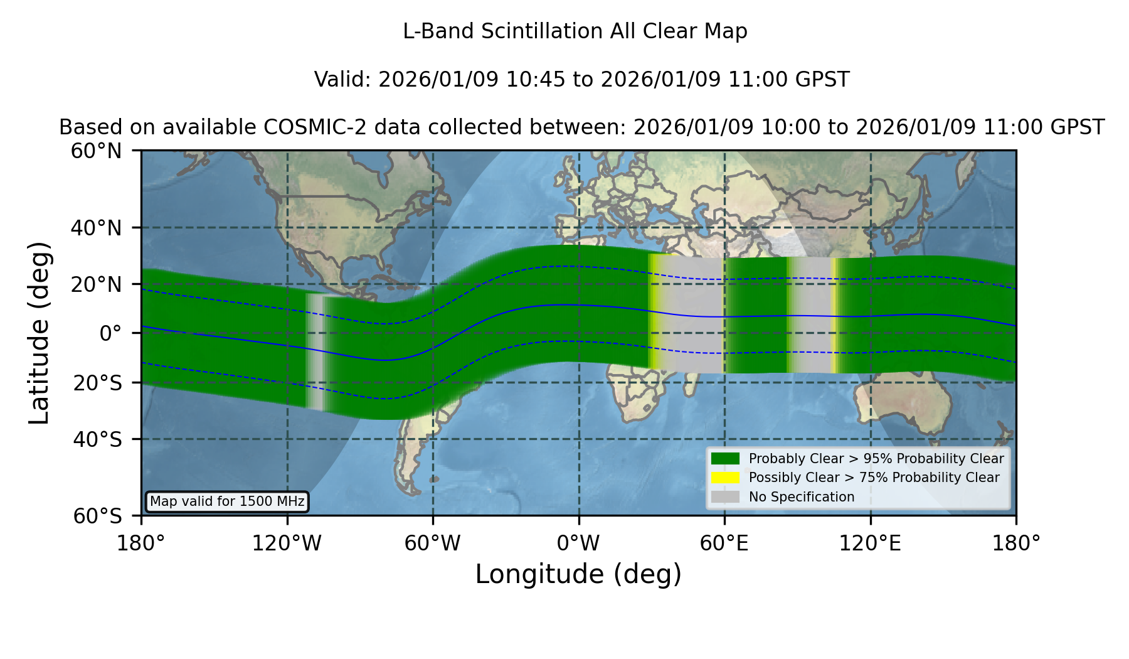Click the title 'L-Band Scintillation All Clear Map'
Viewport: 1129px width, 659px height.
tap(575, 31)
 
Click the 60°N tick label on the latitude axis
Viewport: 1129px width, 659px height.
tap(96, 151)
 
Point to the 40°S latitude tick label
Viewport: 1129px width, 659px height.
tap(97, 439)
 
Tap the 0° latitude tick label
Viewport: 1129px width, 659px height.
tap(110, 333)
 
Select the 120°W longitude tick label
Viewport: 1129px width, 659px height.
tap(287, 544)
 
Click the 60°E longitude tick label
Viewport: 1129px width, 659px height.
tap(724, 544)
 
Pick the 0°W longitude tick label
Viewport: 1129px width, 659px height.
tap(579, 544)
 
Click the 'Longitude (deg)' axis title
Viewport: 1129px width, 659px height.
tap(578, 574)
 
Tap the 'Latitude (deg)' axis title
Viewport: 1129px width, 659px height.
tap(39, 333)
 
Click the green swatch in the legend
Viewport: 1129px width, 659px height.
tap(726, 458)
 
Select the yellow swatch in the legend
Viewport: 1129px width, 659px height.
tap(726, 478)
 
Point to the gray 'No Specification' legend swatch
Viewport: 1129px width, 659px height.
tap(726, 497)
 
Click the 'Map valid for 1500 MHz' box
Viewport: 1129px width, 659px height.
tap(227, 501)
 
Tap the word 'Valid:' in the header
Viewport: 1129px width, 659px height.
tap(343, 80)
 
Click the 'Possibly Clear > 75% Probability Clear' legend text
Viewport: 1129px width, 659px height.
tap(874, 478)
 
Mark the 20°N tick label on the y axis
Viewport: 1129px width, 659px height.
tap(96, 284)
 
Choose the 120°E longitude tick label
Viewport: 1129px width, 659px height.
tap(871, 544)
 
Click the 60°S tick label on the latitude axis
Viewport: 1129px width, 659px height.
tap(97, 516)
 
